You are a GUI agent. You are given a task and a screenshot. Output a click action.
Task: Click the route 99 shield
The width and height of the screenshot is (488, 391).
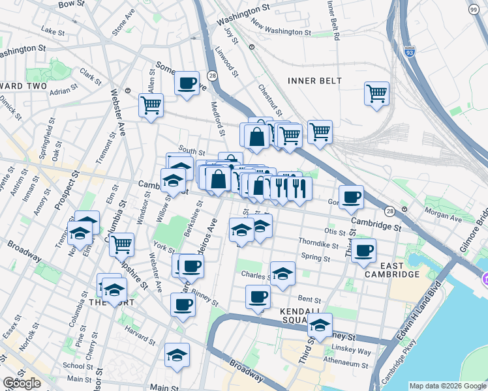473,9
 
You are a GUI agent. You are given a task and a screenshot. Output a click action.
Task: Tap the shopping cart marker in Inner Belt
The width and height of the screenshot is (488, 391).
376,93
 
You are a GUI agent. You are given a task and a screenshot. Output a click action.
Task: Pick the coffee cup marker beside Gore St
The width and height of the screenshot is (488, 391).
352,197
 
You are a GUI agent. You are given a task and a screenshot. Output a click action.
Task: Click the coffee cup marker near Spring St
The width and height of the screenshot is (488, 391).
363,250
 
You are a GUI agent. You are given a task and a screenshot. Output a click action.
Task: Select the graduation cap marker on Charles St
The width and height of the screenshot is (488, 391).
282,274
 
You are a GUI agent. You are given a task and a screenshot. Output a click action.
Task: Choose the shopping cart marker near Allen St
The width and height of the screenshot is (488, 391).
151,104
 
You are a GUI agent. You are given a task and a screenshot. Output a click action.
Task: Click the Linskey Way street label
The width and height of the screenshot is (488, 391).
356,351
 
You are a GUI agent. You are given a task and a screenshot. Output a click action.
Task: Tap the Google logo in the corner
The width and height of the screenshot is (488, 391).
22,383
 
